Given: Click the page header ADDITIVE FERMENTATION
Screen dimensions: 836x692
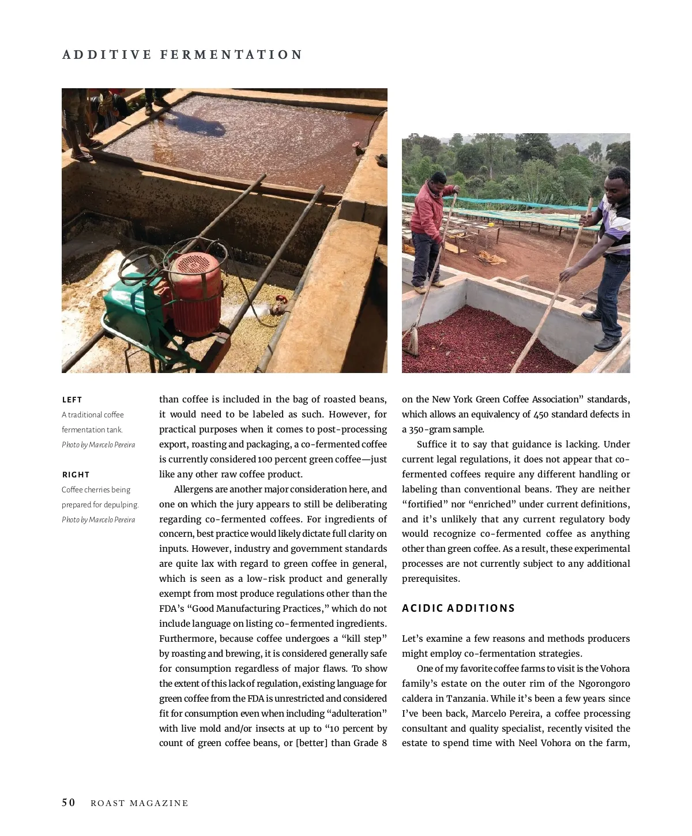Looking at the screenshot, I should coord(182,55).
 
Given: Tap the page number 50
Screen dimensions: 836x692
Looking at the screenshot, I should coord(68,803).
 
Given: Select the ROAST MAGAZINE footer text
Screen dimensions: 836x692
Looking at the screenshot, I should coord(140,803).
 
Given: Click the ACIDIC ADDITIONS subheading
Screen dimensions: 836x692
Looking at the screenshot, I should coord(458,608).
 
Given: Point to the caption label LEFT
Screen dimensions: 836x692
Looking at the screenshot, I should coord(72,400).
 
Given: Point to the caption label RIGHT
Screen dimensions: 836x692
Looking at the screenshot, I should coord(76,475).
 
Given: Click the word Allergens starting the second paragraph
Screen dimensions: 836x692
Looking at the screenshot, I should coord(193,489).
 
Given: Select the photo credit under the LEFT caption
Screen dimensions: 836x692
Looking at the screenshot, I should coord(99,445).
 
